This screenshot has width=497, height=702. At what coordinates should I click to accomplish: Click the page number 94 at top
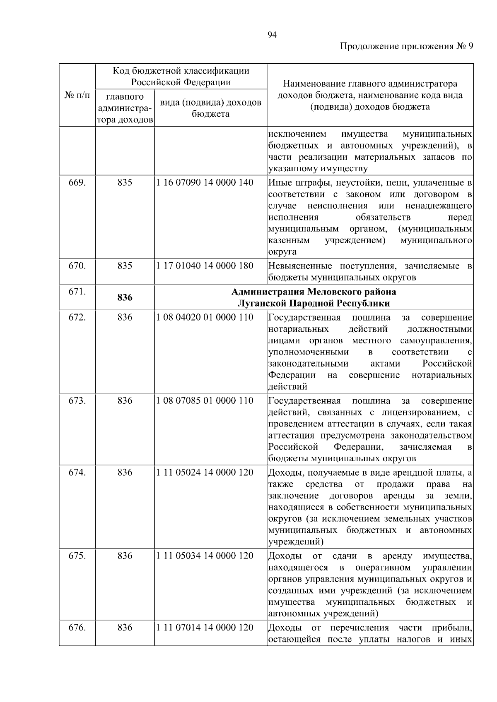(x=272, y=35)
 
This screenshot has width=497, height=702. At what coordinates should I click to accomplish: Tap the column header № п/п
(x=77, y=96)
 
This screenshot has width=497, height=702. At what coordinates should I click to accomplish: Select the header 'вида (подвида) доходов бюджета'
(x=210, y=108)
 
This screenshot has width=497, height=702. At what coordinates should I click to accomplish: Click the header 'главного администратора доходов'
(x=125, y=108)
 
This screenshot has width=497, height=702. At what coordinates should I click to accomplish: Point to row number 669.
(x=77, y=182)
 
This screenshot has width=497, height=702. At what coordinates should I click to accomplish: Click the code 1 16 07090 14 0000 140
(x=205, y=182)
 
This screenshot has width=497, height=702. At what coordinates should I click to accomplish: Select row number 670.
(x=77, y=266)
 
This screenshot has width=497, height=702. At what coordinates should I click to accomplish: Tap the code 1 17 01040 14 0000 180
(x=205, y=266)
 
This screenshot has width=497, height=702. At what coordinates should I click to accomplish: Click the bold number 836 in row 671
(x=125, y=297)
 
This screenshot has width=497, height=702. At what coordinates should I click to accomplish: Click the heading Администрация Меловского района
(x=314, y=292)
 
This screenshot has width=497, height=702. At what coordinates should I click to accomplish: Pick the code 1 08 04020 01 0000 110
(x=205, y=317)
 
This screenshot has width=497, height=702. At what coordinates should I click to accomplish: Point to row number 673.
(x=77, y=400)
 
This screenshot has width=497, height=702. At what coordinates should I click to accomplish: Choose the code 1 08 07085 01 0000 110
(x=205, y=400)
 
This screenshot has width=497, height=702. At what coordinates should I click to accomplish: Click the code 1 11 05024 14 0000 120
(x=205, y=472)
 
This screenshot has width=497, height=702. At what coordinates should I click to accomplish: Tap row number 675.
(x=77, y=556)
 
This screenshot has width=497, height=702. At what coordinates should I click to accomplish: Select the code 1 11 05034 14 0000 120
(x=205, y=556)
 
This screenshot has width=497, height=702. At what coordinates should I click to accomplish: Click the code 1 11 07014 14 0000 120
(x=205, y=627)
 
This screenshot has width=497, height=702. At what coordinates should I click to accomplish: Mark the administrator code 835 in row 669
(x=125, y=182)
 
